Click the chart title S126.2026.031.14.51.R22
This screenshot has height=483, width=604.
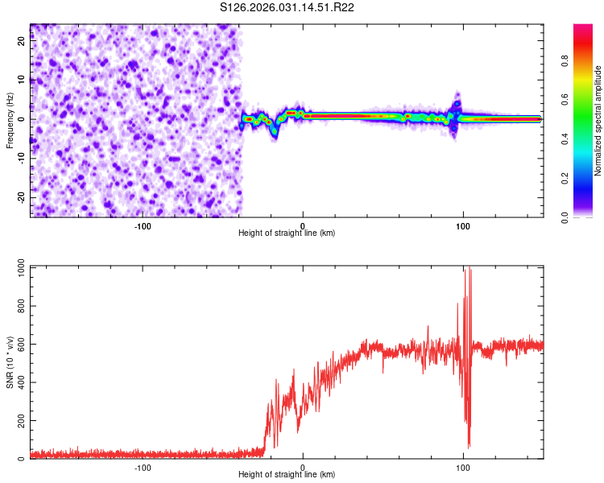[288, 7]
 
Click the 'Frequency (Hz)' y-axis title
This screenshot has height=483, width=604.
[10, 121]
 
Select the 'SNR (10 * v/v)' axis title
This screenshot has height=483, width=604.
[10, 363]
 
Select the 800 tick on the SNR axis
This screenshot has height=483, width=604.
[19, 307]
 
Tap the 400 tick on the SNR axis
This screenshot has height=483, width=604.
[19, 383]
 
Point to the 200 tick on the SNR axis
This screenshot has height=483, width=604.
[19, 421]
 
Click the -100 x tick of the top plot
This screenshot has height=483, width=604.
[143, 226]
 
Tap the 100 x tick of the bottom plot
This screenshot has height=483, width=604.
[462, 468]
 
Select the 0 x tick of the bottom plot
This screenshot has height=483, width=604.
[303, 468]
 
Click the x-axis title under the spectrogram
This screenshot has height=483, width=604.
[287, 233]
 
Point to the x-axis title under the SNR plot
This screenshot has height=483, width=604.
[287, 475]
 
